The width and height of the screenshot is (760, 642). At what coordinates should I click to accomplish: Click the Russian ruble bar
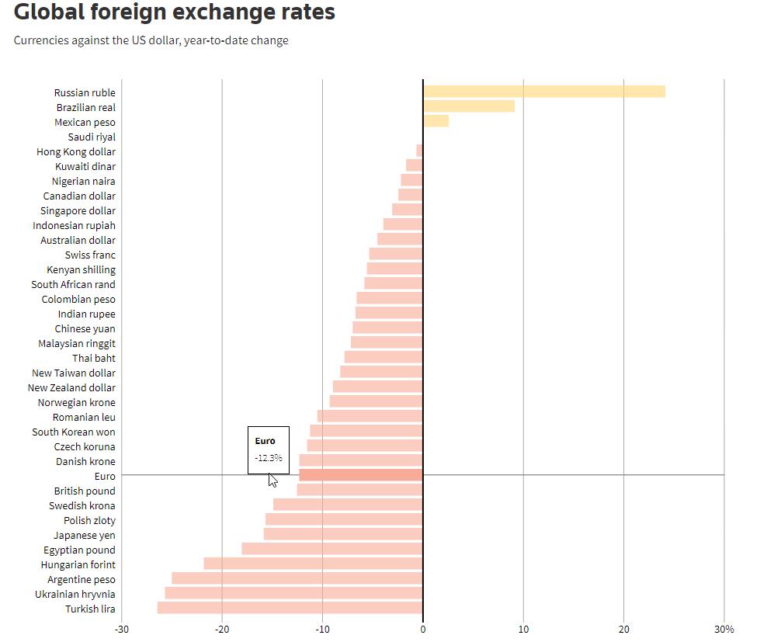[x=543, y=92]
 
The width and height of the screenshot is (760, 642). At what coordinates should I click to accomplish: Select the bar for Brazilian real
[x=468, y=106]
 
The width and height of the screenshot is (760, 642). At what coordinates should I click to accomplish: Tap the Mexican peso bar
[x=436, y=121]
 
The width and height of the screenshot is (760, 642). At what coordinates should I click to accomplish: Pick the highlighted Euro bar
[x=360, y=475]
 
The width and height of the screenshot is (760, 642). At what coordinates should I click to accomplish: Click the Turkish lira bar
[x=290, y=608]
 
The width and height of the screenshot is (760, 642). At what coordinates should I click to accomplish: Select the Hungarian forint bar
[x=313, y=564]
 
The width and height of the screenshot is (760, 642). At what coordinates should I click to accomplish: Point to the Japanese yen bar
[x=343, y=534]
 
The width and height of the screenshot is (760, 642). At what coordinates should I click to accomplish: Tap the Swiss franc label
[x=90, y=255]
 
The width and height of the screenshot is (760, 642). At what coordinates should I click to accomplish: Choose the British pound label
[x=85, y=491]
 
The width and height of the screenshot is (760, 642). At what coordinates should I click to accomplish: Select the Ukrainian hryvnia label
[x=75, y=594]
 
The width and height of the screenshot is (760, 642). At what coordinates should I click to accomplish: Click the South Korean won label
[x=74, y=432]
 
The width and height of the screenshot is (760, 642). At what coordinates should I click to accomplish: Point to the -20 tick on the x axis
[x=222, y=629]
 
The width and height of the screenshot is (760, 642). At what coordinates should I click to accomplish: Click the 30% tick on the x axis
[x=724, y=629]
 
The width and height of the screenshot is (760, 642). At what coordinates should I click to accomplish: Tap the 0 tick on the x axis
[x=423, y=629]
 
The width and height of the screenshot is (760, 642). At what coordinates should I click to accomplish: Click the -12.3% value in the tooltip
[x=268, y=458]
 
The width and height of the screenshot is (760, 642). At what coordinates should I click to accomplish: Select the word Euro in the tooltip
[x=265, y=441]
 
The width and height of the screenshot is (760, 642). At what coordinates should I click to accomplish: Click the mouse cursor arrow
[x=272, y=479]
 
